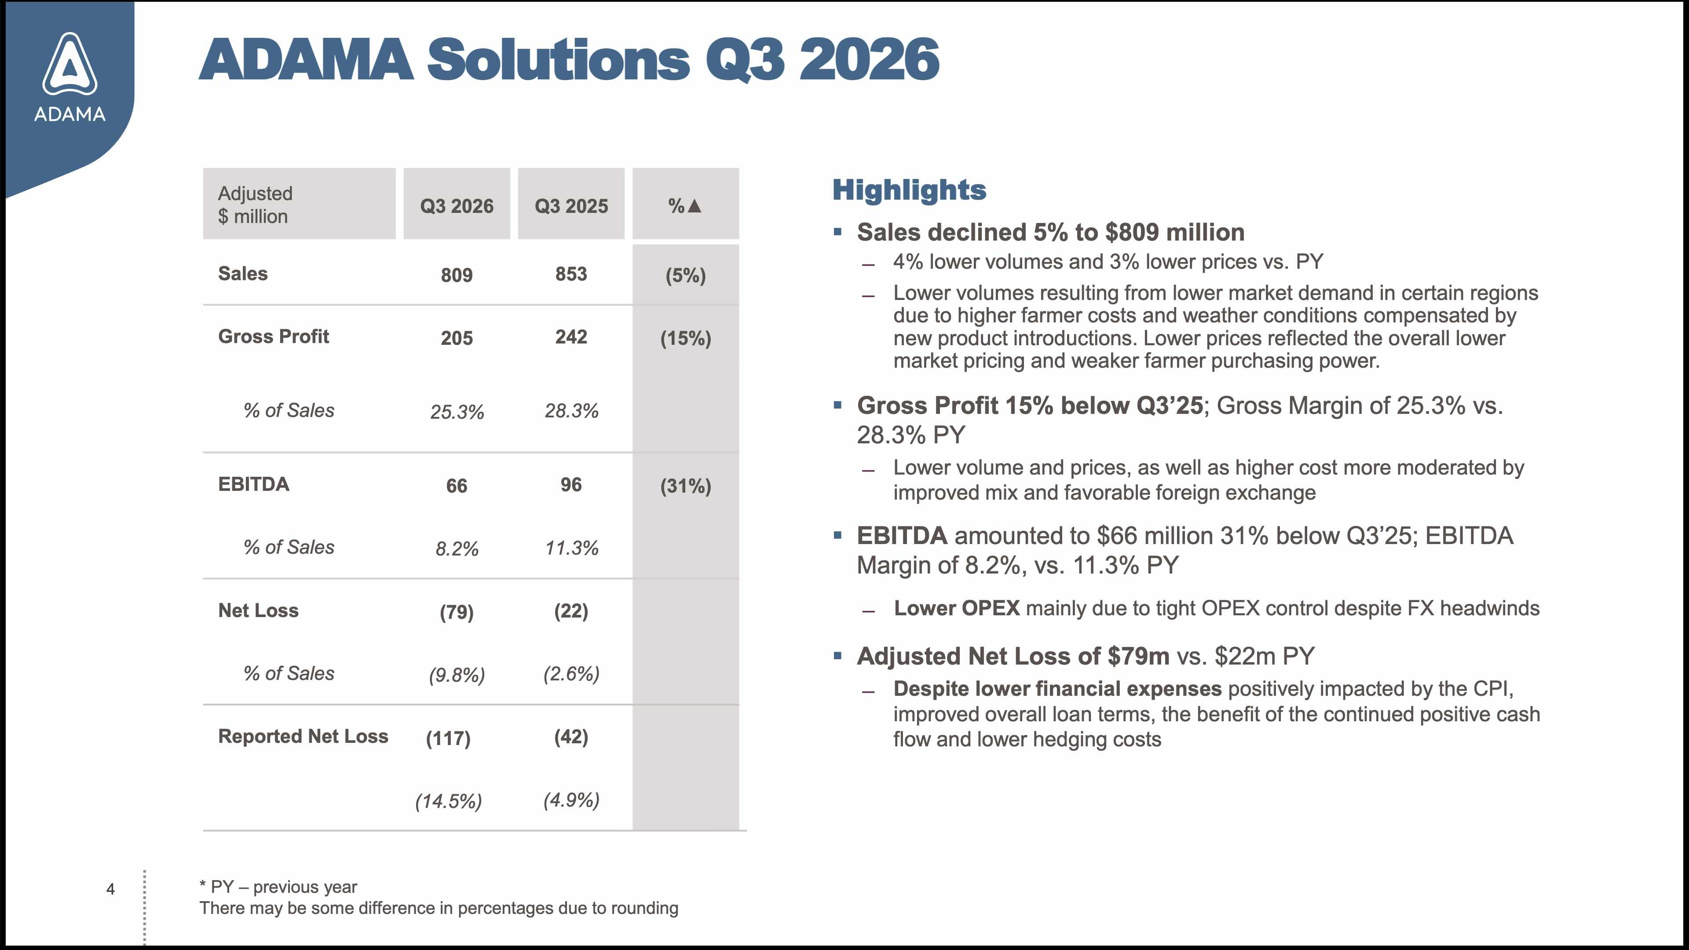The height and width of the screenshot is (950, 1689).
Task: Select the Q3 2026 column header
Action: [457, 206]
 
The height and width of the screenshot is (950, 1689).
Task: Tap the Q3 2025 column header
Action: [571, 206]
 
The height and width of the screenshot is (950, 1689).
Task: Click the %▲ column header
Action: [685, 206]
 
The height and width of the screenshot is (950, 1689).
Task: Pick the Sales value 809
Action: [457, 275]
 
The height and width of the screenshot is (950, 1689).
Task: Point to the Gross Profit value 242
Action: [571, 336]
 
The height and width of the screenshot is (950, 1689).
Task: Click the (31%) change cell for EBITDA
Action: [685, 486]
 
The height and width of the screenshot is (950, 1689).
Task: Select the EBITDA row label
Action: [254, 484]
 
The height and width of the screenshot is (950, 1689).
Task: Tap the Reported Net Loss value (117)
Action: [449, 738]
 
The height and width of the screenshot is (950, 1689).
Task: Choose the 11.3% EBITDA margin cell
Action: [572, 548]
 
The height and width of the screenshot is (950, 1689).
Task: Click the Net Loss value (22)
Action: [571, 611]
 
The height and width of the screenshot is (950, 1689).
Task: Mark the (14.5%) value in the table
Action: [449, 801]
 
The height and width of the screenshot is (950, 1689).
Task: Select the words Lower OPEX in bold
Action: [957, 608]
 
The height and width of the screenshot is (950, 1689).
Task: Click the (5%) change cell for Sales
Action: [685, 275]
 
